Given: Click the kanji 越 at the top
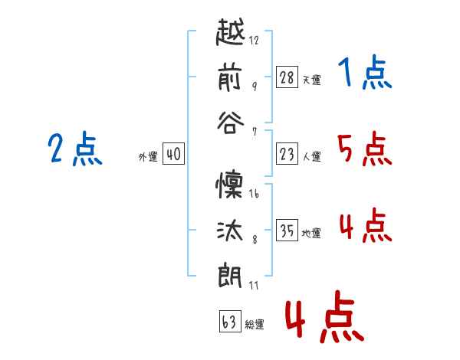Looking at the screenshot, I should click(x=231, y=34).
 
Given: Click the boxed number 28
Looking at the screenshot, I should click(x=287, y=77).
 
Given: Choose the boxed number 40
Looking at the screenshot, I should click(x=173, y=155).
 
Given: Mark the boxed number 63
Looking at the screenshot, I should click(x=229, y=322).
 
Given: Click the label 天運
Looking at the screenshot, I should click(x=311, y=79).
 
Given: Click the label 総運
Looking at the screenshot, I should click(x=254, y=324).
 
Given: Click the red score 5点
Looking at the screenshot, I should click(x=364, y=149).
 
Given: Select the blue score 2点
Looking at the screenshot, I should click(x=75, y=149).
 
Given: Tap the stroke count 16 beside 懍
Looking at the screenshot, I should click(x=254, y=195).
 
